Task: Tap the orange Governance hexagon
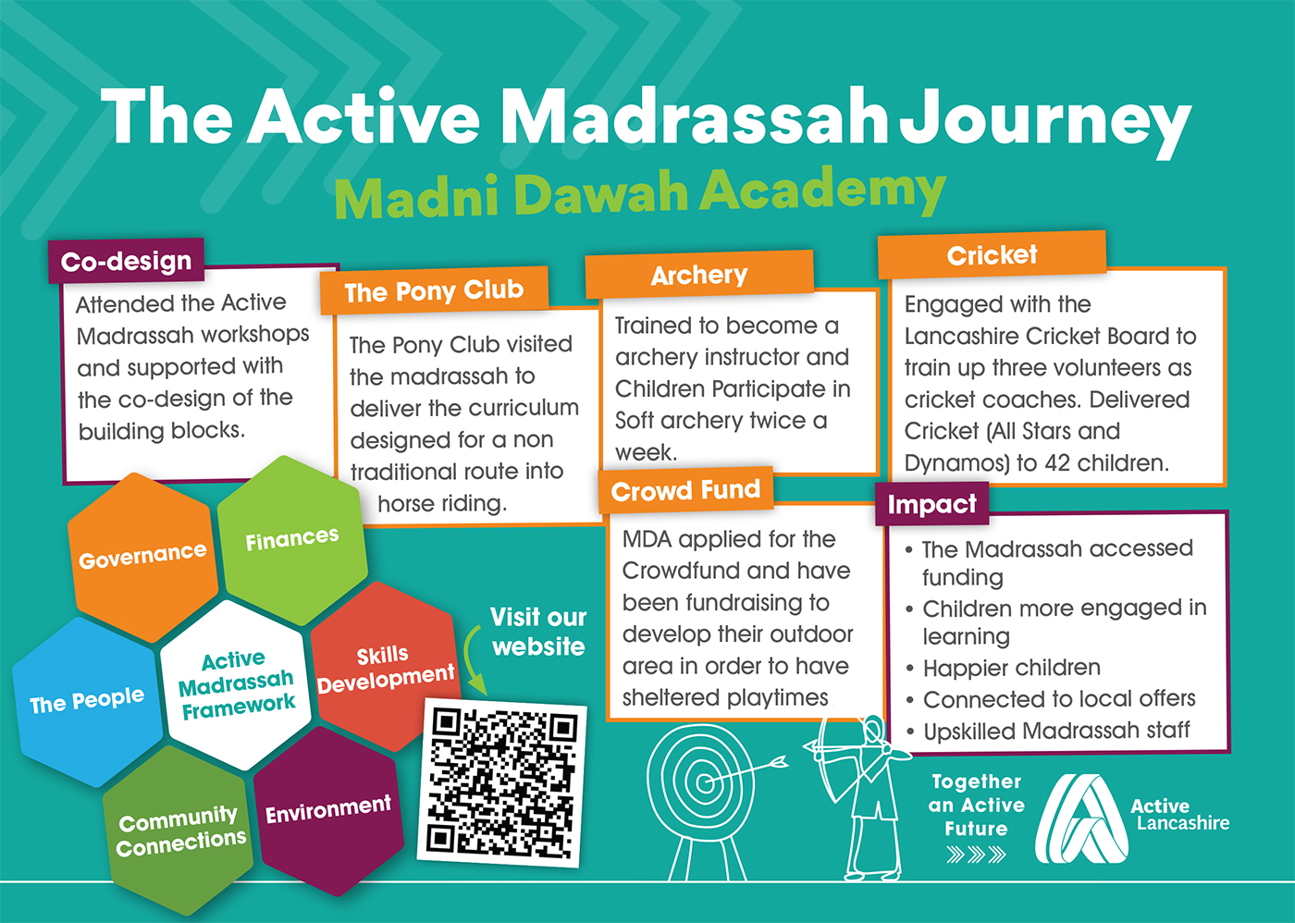(142, 557)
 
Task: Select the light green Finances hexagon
(292, 540)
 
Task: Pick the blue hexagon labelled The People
(87, 702)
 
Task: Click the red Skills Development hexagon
(386, 667)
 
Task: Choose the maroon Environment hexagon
(328, 810)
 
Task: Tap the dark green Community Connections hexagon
(179, 831)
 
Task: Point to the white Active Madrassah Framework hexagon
(236, 685)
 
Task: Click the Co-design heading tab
(126, 261)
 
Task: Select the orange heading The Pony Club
(434, 290)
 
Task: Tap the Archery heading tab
(699, 275)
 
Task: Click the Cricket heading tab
(992, 255)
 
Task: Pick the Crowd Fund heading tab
(685, 490)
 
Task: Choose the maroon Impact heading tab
(932, 504)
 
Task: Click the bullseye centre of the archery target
(704, 783)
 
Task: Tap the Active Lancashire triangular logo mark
(1081, 818)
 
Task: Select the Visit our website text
(538, 631)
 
